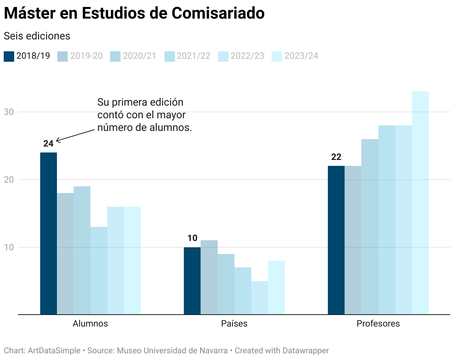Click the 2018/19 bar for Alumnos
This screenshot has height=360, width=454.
pos(48,233)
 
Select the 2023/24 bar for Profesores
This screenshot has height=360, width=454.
pos(420,203)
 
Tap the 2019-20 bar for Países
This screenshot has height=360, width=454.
pos(209,277)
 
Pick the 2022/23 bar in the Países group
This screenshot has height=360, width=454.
pos(259,298)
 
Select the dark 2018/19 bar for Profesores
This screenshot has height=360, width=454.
pos(336,240)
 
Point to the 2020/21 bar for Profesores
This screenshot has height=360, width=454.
pos(370,226)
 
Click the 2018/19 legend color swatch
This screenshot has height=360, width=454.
pos(9,56)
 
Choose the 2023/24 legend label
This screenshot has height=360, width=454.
pos(301,56)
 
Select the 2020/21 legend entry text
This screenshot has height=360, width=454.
pos(140,56)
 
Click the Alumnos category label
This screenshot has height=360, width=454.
pos(90,324)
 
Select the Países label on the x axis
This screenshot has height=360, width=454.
pos(234,324)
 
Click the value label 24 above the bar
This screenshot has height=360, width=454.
pos(48,144)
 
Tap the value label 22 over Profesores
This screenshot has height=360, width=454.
pos(336,157)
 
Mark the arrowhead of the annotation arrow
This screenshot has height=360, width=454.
pos(57,141)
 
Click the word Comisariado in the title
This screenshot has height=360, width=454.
pos(218,14)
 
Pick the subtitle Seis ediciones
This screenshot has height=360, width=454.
pos(37,36)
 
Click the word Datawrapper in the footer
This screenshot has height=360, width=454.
pos(306,350)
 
